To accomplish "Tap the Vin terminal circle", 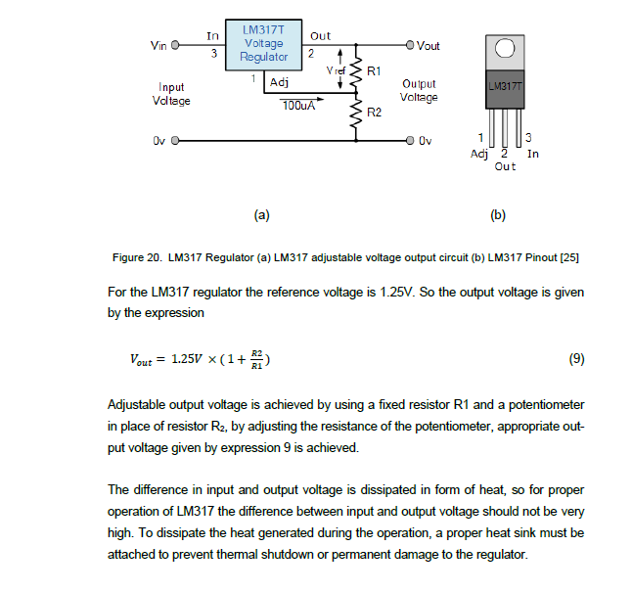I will (176, 46).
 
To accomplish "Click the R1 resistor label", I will (374, 71).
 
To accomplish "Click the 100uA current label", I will (297, 105).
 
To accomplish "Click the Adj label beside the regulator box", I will (279, 81).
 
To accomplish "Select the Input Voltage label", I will (171, 94).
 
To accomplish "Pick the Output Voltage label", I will (419, 91).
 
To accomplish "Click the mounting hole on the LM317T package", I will (506, 50).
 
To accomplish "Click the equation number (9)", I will (576, 358).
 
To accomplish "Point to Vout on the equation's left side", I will (142, 359).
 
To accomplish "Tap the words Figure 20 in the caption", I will (136, 258).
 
